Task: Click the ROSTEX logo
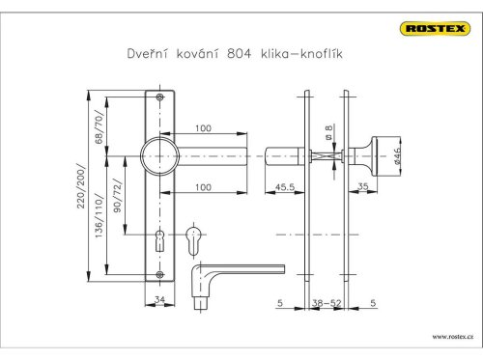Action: pyautogui.click(x=435, y=29)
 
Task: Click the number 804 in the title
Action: pyautogui.click(x=239, y=53)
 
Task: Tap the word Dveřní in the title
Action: pyautogui.click(x=148, y=53)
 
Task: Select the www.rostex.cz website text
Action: pyautogui.click(x=453, y=337)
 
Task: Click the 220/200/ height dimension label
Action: pyautogui.click(x=81, y=186)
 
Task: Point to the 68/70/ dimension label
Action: pyautogui.click(x=99, y=126)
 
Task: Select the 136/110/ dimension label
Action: pyautogui.click(x=99, y=216)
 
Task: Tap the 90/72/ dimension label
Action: pyautogui.click(x=118, y=196)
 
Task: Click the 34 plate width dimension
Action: pyautogui.click(x=159, y=299)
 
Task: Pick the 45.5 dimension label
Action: pyautogui.click(x=285, y=187)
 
